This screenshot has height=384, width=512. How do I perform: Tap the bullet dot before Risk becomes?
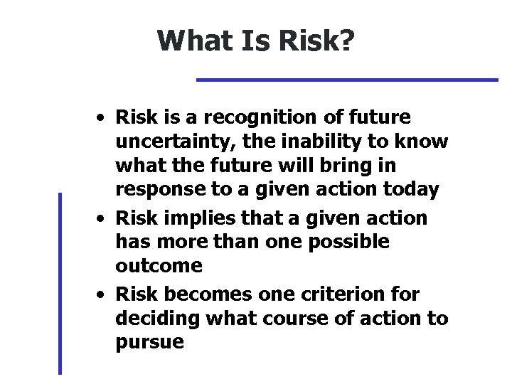click(104, 294)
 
